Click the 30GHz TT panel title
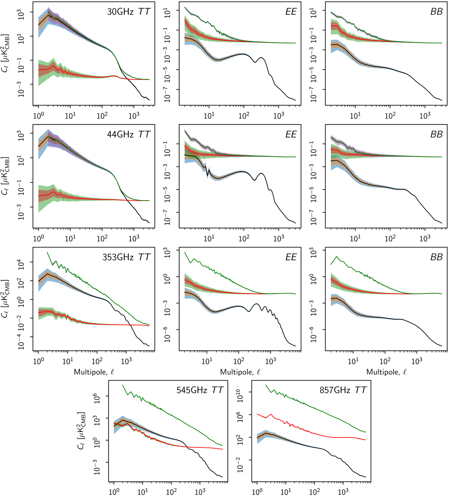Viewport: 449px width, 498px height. tap(128, 12)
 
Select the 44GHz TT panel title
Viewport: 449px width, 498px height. tap(128, 134)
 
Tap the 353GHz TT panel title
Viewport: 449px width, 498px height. tap(126, 257)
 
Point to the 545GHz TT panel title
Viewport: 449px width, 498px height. tap(200, 390)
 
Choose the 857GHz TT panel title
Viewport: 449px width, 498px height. tap(343, 390)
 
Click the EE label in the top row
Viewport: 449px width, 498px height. tap(291, 12)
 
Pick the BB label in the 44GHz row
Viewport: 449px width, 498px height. tap(436, 134)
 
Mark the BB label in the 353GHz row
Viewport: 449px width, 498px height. tap(436, 257)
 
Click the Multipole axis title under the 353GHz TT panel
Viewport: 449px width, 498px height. tap(94, 372)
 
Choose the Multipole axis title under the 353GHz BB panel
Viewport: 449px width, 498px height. tap(386, 372)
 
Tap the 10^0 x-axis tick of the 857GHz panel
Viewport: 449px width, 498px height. tap(257, 491)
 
